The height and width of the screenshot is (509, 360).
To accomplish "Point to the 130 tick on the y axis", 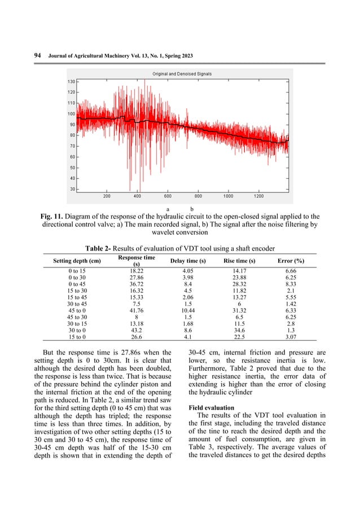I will tap(72, 82).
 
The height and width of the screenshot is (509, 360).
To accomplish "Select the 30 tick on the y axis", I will tap(72, 188).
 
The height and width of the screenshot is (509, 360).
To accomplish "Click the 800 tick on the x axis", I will tap(198, 197).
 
